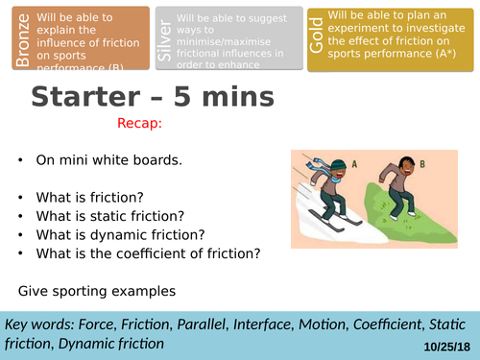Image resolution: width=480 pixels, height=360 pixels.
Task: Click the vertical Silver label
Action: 166,37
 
